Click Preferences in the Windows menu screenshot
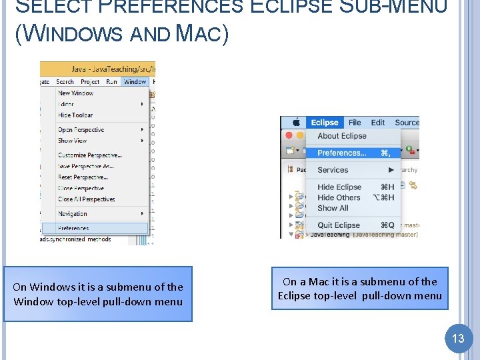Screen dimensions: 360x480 [73, 228]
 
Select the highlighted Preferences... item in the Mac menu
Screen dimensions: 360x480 [342, 153]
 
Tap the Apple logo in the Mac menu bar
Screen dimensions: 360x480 [295, 123]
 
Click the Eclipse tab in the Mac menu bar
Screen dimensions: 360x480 [325, 123]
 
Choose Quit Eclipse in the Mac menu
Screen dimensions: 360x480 [339, 225]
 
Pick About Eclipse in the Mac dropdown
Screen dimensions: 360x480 [342, 136]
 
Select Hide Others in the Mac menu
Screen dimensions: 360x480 [339, 197]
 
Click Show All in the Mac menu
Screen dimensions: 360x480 [333, 207]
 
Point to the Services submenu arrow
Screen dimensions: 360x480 [389, 170]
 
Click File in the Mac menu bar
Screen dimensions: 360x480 [355, 123]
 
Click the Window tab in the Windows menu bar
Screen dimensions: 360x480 [135, 81]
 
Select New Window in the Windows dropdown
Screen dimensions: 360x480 [75, 93]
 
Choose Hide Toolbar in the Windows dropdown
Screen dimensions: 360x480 [75, 115]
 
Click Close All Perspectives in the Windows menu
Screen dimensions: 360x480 [86, 199]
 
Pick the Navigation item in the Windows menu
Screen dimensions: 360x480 [73, 214]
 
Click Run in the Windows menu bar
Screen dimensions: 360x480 [111, 81]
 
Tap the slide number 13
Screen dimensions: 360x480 [458, 338]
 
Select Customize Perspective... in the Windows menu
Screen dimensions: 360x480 [89, 155]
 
